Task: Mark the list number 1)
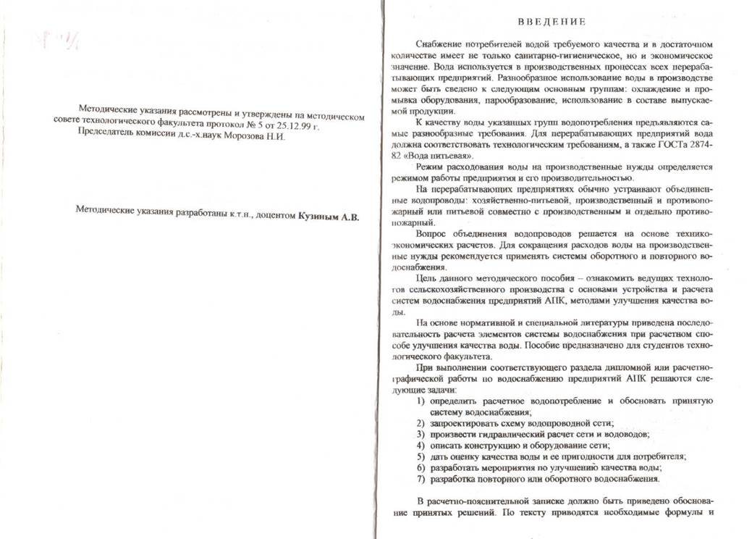(421, 401)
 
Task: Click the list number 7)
(421, 479)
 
